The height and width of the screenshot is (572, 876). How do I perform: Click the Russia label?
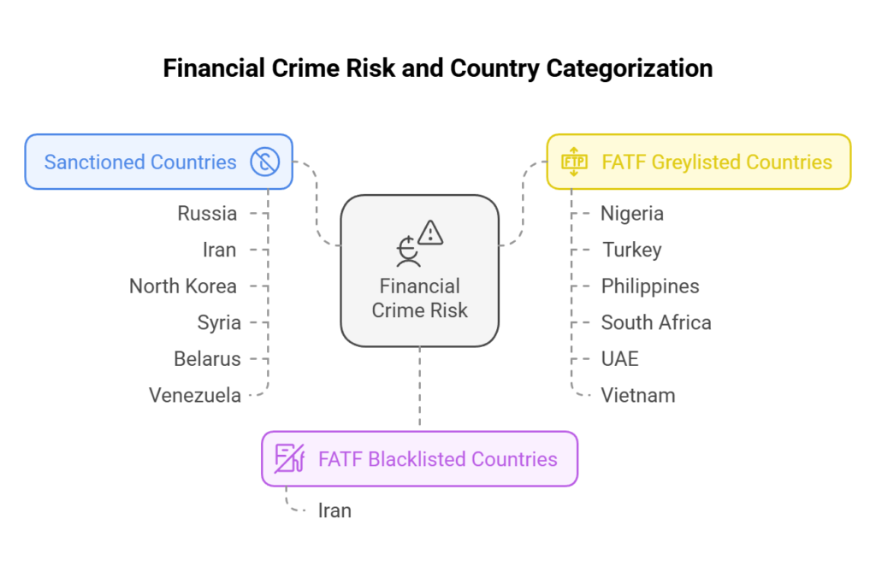207,214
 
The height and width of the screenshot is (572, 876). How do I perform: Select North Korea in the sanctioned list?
183,286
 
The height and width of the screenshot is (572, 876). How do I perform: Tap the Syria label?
219,322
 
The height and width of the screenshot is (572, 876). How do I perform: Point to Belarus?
207,358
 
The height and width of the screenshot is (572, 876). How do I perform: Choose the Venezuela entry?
194,395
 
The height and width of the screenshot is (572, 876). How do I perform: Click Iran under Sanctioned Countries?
219,250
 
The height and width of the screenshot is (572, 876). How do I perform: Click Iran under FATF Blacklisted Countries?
334,510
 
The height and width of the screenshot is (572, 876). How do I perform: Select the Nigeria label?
632,214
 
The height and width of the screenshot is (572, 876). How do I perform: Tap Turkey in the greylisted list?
631,250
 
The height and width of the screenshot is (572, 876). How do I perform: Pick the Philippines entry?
650,286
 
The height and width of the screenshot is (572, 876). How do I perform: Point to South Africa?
656,322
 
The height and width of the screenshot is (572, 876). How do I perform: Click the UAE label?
620,358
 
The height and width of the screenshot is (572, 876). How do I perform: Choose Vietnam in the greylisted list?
638,395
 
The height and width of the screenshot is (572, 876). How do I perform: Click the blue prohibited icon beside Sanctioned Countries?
265,162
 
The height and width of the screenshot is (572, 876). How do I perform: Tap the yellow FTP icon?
573,161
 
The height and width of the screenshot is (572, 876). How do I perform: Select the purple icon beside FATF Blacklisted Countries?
289,459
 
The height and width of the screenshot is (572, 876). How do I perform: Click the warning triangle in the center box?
430,232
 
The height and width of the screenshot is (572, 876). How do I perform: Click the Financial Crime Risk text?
419,298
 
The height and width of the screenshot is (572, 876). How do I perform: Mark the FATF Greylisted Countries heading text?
717,162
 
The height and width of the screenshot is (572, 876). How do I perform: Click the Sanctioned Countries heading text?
140,162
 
